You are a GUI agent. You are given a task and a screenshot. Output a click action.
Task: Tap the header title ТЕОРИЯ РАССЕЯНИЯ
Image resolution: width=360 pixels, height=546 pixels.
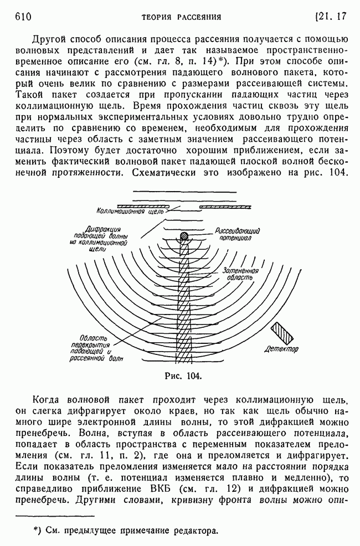pos(181,17)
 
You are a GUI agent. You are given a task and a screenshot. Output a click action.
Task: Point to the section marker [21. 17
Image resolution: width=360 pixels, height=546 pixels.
pos(330,17)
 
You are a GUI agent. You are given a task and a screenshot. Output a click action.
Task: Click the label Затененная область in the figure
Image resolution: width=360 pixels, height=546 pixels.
pos(240,275)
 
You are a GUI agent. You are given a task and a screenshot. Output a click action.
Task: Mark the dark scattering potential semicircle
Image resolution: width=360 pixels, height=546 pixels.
pos(184,236)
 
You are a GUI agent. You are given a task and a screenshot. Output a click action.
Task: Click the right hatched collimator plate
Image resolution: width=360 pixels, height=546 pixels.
pos(224,206)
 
